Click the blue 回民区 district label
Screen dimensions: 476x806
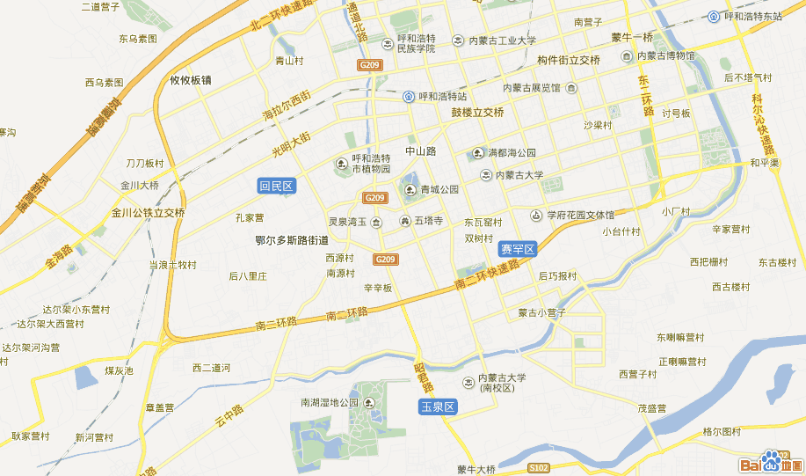click(x=276, y=186)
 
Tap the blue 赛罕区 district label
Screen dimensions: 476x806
click(x=517, y=249)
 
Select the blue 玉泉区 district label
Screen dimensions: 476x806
click(x=437, y=406)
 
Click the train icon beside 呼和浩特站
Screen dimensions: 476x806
click(x=409, y=97)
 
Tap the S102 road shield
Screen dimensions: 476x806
click(x=539, y=467)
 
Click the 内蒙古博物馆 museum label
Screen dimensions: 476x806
click(x=665, y=56)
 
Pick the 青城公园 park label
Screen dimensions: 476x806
click(x=439, y=189)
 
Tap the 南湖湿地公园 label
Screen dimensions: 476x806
click(x=330, y=402)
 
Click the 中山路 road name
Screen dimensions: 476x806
click(x=420, y=150)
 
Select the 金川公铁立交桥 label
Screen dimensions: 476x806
click(x=148, y=212)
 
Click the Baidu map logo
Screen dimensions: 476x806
click(x=769, y=462)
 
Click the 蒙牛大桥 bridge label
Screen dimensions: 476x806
click(x=477, y=469)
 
